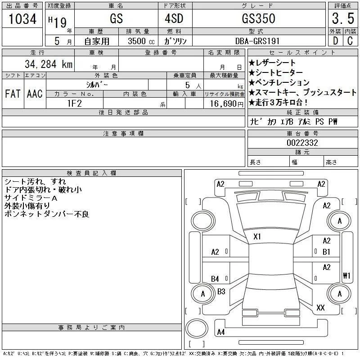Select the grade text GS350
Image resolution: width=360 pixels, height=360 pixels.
(258, 19)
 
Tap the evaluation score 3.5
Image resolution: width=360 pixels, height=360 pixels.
(342, 18)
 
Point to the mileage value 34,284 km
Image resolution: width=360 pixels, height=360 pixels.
(44, 64)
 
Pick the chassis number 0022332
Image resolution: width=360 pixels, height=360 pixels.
(302, 143)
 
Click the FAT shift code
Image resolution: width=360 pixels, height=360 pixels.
(13, 94)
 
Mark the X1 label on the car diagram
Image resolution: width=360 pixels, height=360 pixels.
(257, 236)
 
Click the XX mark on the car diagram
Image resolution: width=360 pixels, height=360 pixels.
(321, 308)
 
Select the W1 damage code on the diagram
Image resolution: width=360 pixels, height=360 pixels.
(346, 275)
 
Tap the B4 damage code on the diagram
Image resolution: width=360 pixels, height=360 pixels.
(215, 279)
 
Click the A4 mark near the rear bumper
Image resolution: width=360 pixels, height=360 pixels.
(220, 332)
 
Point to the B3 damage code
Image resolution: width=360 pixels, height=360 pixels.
(221, 292)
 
